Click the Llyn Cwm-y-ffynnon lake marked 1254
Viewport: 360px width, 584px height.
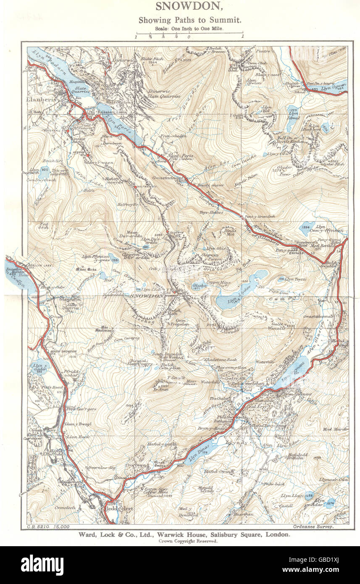point(307,229)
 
